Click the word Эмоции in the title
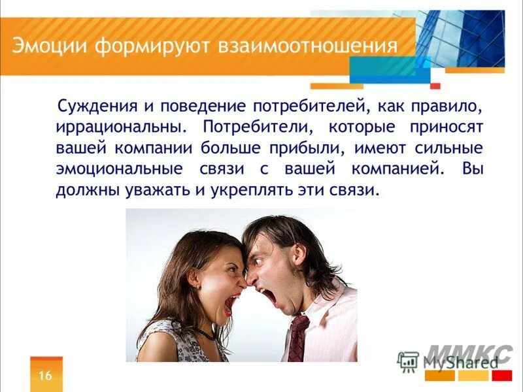(50, 48)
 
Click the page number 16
(46, 375)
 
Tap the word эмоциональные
(119, 169)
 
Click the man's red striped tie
(297, 337)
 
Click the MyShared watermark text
(458, 361)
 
